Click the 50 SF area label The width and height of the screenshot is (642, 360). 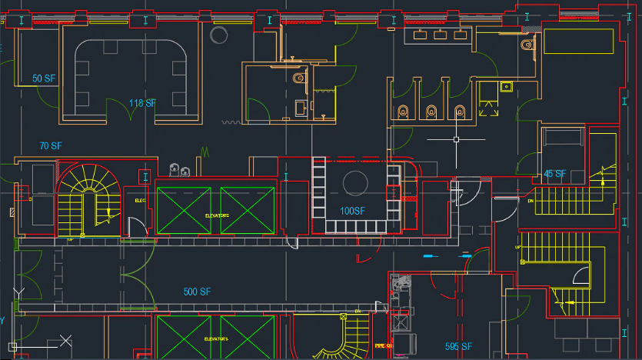click(x=43, y=78)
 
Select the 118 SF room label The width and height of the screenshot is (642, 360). click(x=142, y=104)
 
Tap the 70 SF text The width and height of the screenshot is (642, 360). click(x=50, y=145)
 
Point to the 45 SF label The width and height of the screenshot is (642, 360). click(x=554, y=174)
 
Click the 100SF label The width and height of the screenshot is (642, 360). click(x=352, y=210)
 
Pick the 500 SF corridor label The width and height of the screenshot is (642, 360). click(x=197, y=292)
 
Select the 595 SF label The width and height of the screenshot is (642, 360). click(x=458, y=347)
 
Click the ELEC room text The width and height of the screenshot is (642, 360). click(x=140, y=201)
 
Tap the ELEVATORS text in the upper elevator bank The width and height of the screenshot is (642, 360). click(x=217, y=216)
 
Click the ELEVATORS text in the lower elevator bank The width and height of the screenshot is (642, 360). click(x=216, y=338)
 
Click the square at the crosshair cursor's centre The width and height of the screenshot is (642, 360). click(x=457, y=139)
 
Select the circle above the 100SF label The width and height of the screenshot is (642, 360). click(x=354, y=183)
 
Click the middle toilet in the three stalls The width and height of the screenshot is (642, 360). click(x=431, y=112)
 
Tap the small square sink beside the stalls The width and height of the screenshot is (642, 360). click(x=506, y=86)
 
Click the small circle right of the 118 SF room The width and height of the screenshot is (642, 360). click(x=218, y=34)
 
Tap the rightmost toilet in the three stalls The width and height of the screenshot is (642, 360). click(x=460, y=112)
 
